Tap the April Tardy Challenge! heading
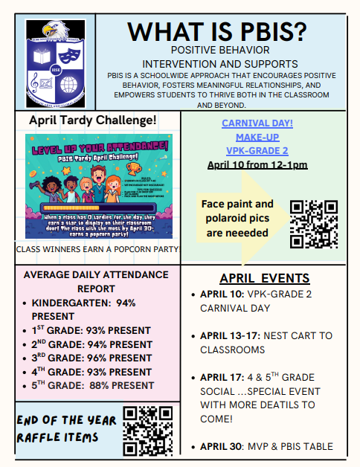click(x=92, y=120)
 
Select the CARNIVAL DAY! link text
click(x=257, y=123)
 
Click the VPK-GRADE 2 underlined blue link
click(x=257, y=151)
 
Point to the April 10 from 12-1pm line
click(x=257, y=164)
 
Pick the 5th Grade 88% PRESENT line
click(x=93, y=385)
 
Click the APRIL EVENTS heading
click(x=265, y=278)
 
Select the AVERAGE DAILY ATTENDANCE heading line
click(x=97, y=274)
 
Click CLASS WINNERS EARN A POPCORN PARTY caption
click(x=97, y=249)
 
